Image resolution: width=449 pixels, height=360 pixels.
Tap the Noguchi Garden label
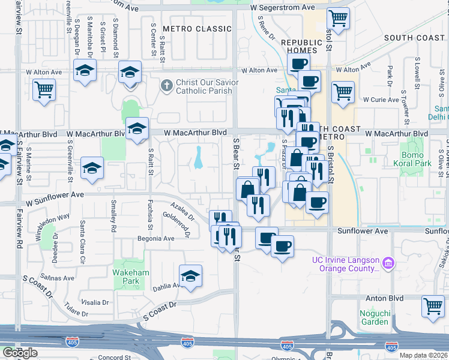(374, 317)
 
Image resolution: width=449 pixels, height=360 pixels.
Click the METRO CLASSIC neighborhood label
(197, 29)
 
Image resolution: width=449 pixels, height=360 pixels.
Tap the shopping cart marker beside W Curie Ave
(343, 92)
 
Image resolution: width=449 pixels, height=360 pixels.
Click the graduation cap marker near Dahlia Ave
(190, 275)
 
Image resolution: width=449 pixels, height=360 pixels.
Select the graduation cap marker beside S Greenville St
(92, 168)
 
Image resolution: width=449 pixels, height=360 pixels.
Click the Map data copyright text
(424, 355)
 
